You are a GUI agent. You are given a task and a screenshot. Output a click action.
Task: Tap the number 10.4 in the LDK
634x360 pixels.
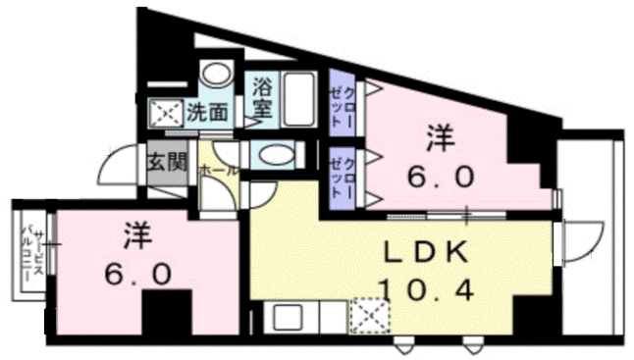[x=428, y=288]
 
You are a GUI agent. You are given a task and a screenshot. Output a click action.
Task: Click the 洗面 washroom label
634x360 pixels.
[x=206, y=112]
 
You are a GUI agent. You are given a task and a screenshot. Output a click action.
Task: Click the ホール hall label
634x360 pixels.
[x=218, y=170]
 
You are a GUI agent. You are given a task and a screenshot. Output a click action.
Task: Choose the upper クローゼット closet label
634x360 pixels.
[x=341, y=104]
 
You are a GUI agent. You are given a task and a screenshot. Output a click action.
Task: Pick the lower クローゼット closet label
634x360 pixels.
[x=340, y=177]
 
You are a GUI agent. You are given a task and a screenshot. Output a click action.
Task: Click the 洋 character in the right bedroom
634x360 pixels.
[x=441, y=138]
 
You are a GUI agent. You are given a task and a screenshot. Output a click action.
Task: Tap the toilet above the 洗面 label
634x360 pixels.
[x=214, y=76]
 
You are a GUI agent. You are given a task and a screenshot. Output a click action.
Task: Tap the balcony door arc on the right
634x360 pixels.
[x=580, y=240]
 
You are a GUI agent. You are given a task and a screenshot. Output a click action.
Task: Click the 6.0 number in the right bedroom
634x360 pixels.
[x=441, y=178]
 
